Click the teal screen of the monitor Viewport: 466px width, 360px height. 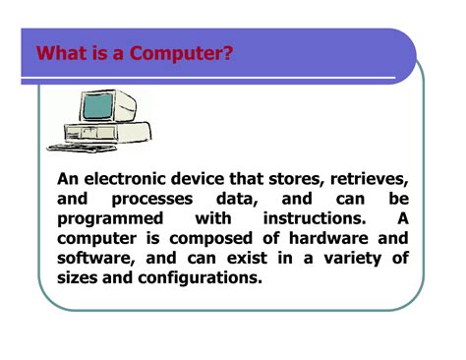[101, 107]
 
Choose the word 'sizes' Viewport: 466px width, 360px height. [78, 277]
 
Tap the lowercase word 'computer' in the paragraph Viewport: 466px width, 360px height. [98, 238]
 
